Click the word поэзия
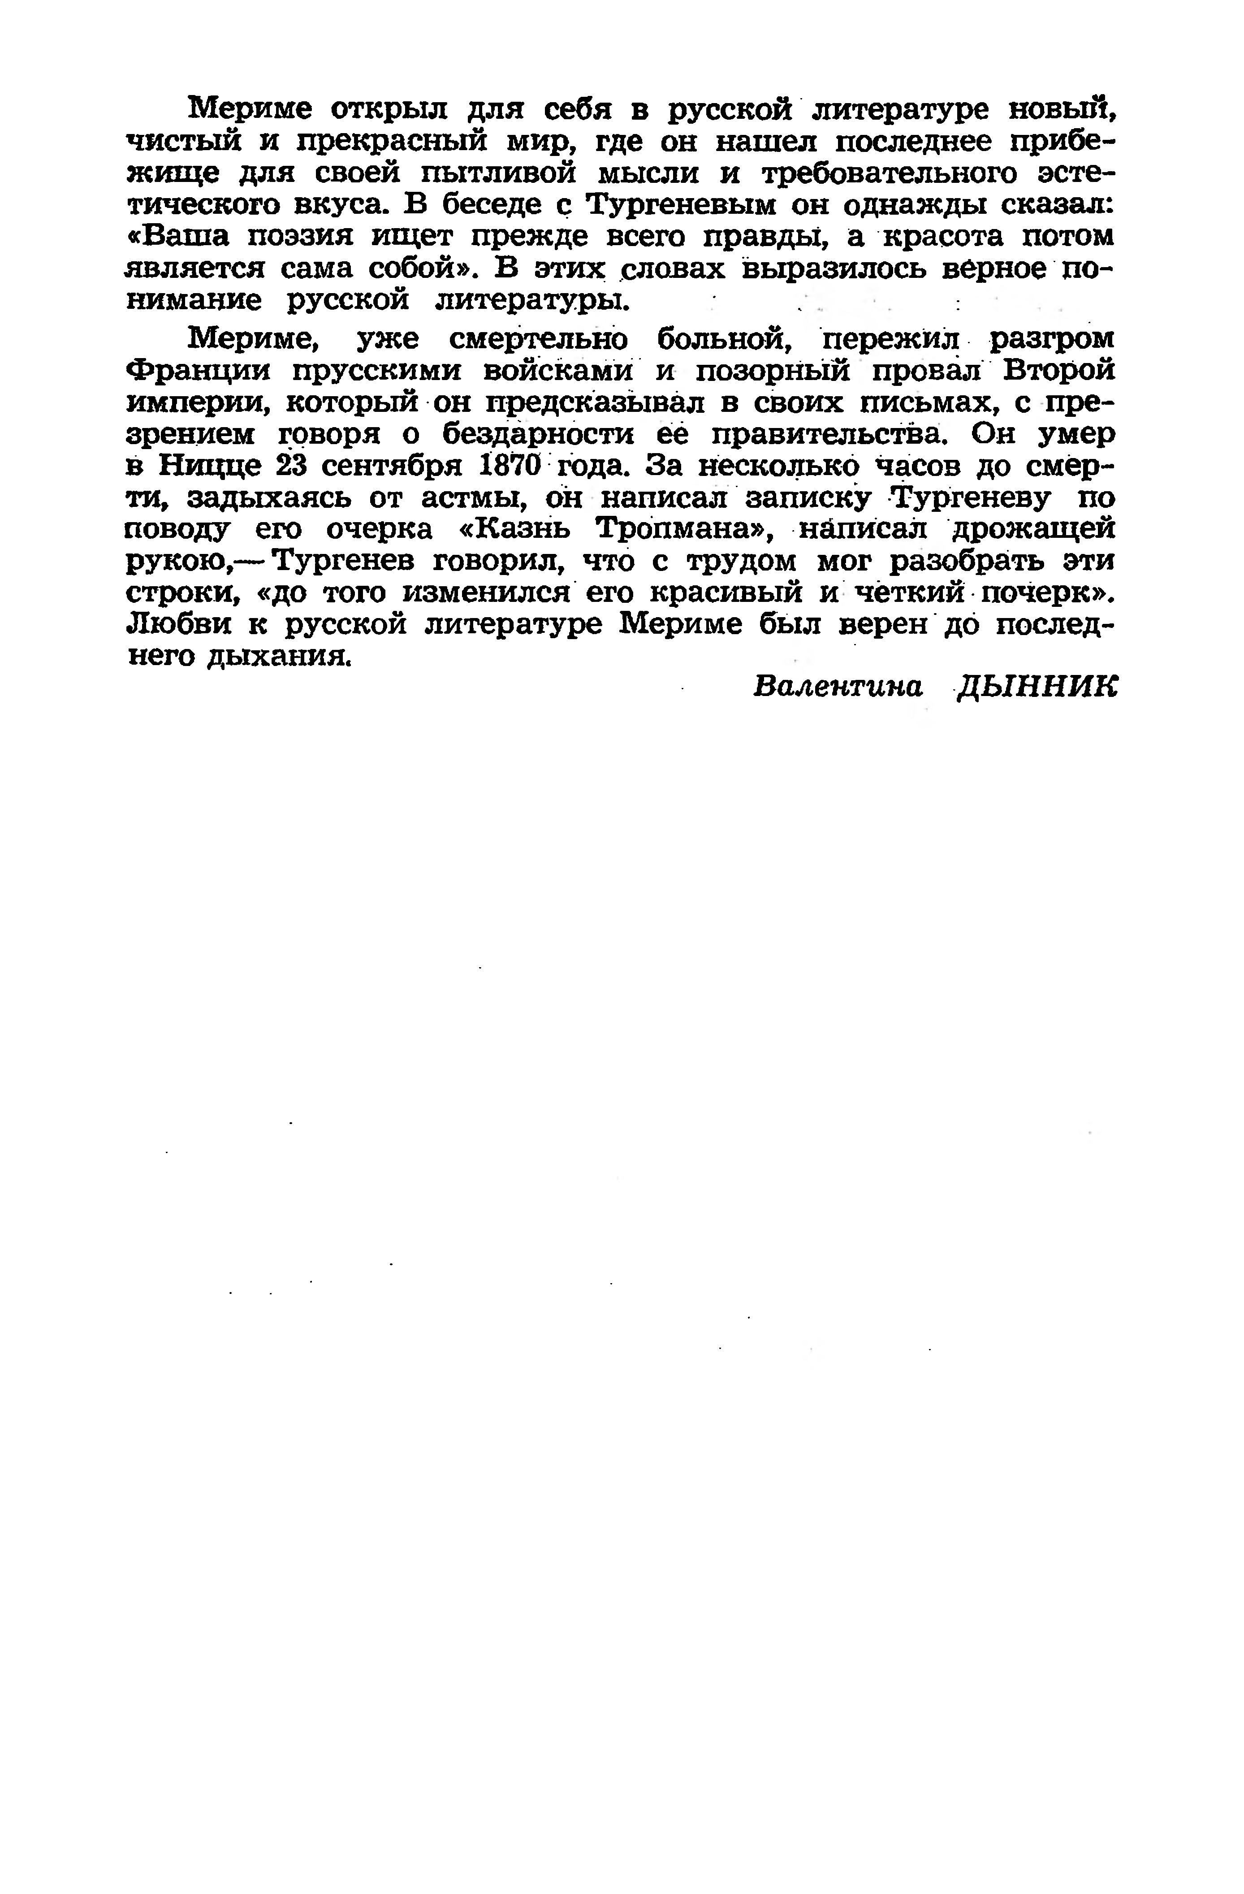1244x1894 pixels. click(x=302, y=237)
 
